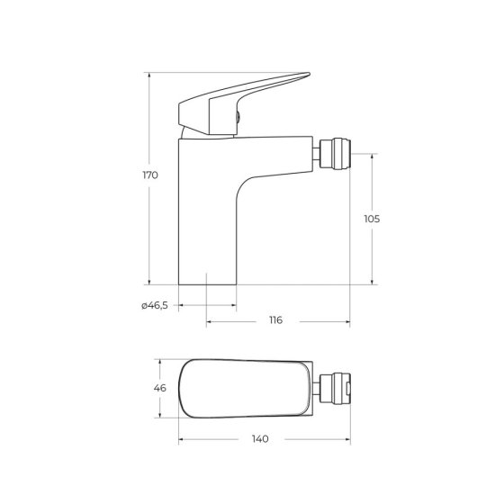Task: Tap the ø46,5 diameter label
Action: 155,307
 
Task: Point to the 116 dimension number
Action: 275,320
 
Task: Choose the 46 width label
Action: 160,388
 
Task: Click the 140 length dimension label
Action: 260,438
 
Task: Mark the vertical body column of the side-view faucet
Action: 208,216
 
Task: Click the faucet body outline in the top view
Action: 243,388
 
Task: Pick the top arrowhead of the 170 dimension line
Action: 149,74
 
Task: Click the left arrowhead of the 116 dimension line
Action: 210,321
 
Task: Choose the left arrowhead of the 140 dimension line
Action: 181,439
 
